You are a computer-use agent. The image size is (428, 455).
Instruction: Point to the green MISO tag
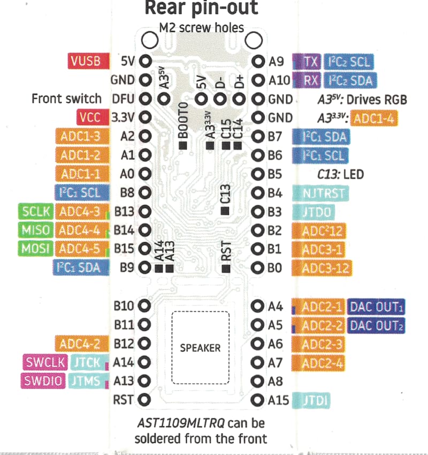tap(36, 230)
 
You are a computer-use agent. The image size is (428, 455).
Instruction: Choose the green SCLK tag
tap(36, 211)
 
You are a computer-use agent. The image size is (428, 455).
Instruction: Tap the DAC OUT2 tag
tap(376, 325)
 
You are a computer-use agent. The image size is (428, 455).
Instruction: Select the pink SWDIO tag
tap(43, 381)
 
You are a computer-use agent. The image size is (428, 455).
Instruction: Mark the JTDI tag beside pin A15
tap(315, 400)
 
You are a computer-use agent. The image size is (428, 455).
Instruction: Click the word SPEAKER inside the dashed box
tap(200, 348)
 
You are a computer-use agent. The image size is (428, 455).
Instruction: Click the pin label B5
tap(275, 174)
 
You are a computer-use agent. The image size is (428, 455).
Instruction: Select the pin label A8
tap(275, 381)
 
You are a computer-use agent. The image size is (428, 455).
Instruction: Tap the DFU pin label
tap(123, 99)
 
